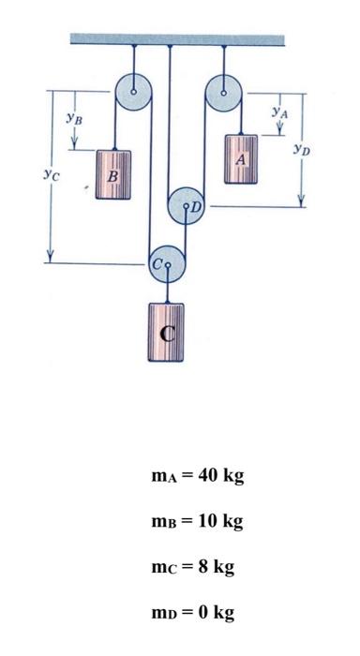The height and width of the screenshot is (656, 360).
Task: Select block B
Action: (x=113, y=174)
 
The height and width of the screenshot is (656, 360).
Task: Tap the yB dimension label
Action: (x=73, y=118)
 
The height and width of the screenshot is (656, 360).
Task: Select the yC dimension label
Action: (x=50, y=173)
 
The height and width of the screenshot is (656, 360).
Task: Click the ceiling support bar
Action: (x=177, y=38)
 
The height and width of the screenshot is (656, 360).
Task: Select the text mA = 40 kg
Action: (x=197, y=476)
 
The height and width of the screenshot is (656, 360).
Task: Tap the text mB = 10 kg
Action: (x=197, y=522)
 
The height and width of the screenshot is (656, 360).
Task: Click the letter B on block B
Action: (x=112, y=175)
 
